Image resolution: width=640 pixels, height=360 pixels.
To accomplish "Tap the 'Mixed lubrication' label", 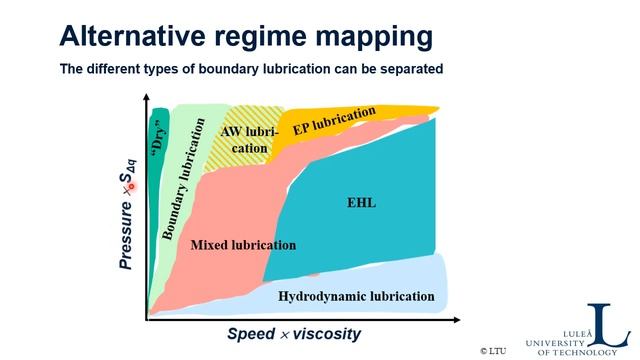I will (243, 245).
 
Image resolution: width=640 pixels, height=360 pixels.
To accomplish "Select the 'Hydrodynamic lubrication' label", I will (356, 296).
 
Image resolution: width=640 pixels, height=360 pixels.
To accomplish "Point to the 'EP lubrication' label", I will (334, 122).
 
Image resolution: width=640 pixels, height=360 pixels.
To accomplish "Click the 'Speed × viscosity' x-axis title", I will (294, 334).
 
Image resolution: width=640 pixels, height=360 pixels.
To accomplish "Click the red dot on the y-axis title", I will (129, 187).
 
